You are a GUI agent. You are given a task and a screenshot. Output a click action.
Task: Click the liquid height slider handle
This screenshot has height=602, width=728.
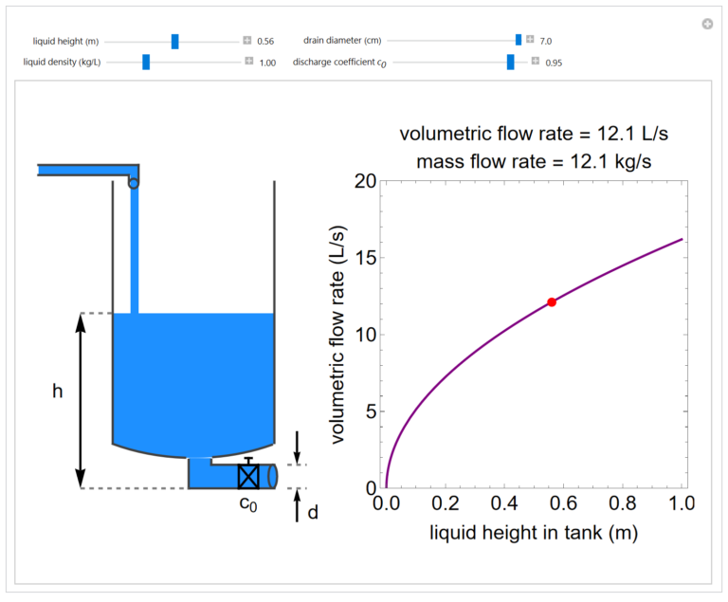[175, 41]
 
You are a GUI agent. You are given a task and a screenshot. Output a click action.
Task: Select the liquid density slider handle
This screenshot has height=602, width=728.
[146, 62]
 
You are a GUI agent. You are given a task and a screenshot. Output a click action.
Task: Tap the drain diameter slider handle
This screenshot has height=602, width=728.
[519, 40]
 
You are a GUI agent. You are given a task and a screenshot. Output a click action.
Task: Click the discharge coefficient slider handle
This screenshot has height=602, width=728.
[510, 62]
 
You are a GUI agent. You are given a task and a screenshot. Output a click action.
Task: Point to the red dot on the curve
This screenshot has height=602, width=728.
[552, 301]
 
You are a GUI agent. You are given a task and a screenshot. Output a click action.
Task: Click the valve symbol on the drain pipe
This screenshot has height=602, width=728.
[248, 475]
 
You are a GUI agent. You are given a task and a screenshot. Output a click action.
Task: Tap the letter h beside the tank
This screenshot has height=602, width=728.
[58, 392]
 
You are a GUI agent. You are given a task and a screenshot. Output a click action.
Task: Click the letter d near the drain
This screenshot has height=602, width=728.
[313, 513]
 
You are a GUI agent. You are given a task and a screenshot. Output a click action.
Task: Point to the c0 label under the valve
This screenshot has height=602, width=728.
[248, 504]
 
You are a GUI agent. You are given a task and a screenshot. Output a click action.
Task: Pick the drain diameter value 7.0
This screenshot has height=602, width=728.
[546, 41]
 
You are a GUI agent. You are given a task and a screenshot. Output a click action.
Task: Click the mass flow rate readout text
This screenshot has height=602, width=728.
[534, 160]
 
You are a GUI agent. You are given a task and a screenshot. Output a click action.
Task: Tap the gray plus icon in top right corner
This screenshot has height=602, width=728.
[707, 24]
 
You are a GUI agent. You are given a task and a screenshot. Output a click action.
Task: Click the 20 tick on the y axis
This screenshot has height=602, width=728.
[366, 180]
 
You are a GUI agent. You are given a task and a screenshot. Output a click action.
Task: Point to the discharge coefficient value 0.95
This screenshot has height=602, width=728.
[554, 63]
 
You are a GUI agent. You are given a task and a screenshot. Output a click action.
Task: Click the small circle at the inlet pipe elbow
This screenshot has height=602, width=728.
[134, 183]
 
